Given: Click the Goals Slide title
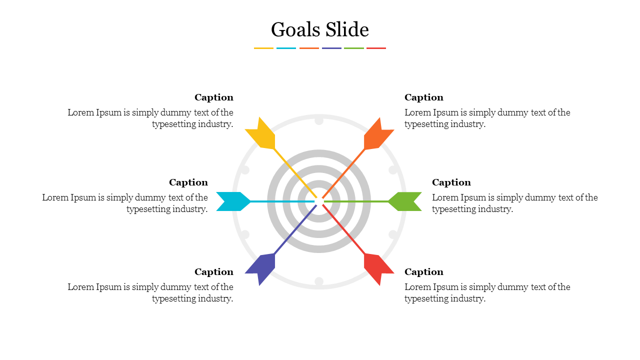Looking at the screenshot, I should click(x=320, y=30).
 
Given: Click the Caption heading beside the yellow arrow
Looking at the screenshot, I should click(x=214, y=97).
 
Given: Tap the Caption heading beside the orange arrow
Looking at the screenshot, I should click(x=424, y=97).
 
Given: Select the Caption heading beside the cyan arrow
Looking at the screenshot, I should click(x=188, y=182).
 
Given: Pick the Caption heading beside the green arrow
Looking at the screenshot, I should click(x=451, y=182).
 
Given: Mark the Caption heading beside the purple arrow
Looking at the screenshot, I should click(x=214, y=272).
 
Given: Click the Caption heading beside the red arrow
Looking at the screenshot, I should click(x=424, y=272).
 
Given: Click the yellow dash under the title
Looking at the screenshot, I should click(x=263, y=48).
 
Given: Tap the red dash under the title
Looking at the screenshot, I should click(x=376, y=48).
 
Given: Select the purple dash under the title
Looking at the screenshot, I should click(x=331, y=48).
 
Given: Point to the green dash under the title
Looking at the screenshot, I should click(x=354, y=48).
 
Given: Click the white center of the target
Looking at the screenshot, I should click(x=319, y=201).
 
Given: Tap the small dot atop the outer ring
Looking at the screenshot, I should click(x=319, y=120).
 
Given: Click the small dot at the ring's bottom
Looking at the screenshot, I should click(x=319, y=281).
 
